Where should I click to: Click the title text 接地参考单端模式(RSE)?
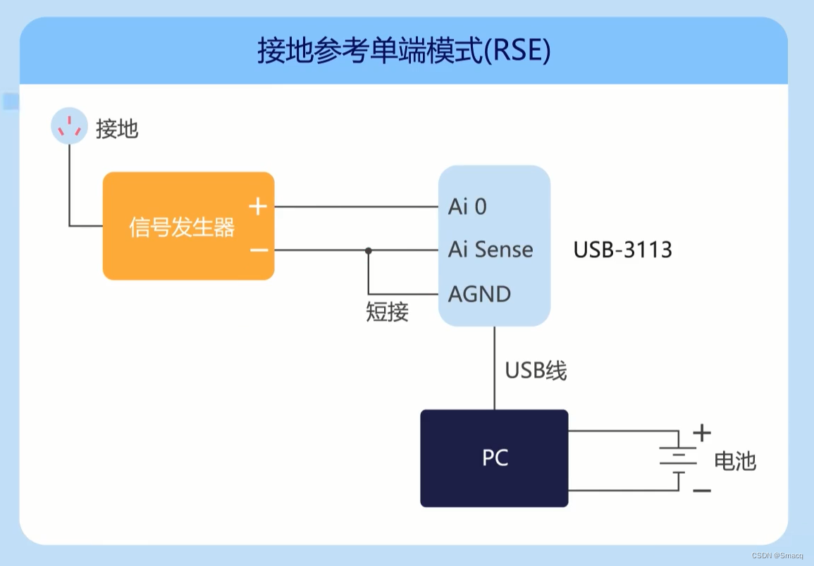(x=403, y=51)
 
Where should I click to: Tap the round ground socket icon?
(x=69, y=127)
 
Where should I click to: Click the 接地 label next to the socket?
(x=117, y=129)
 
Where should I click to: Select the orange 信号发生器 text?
(x=182, y=227)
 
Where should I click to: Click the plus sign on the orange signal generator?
(x=259, y=207)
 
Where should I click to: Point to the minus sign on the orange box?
(x=259, y=250)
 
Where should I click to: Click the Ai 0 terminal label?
(x=467, y=207)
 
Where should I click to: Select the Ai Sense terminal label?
(x=491, y=250)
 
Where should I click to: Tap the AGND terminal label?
(x=480, y=294)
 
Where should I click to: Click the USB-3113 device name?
(x=622, y=250)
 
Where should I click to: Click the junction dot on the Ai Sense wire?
(x=368, y=250)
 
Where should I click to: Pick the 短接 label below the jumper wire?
(x=387, y=312)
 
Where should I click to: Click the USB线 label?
(x=536, y=370)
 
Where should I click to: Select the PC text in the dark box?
(x=495, y=458)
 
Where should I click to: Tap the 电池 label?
(x=734, y=461)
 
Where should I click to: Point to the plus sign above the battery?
(x=702, y=432)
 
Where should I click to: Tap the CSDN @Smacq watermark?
(x=782, y=555)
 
